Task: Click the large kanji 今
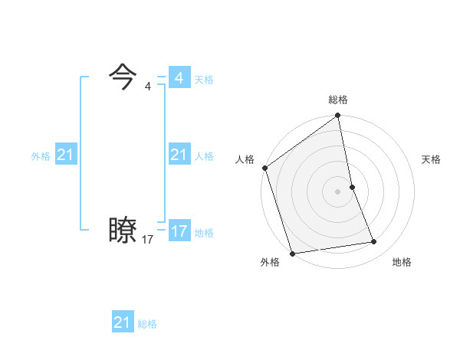[123, 76]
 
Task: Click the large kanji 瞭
[123, 230]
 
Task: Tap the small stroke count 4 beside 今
[148, 87]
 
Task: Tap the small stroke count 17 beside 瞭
[148, 240]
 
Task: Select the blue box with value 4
[179, 78]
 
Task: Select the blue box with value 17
[179, 231]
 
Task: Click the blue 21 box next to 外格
[66, 155]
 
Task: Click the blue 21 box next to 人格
[179, 155]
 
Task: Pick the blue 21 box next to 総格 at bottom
[123, 322]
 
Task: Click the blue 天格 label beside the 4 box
[204, 80]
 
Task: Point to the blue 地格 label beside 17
[204, 233]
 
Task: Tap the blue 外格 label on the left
[41, 156]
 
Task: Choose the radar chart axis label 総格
[338, 100]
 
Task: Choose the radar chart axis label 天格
[431, 159]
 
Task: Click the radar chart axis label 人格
[245, 159]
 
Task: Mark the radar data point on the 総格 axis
[338, 116]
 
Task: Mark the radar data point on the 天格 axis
[352, 186]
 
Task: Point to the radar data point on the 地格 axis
[374, 242]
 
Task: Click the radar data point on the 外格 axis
[292, 254]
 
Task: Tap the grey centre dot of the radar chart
[338, 191]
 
